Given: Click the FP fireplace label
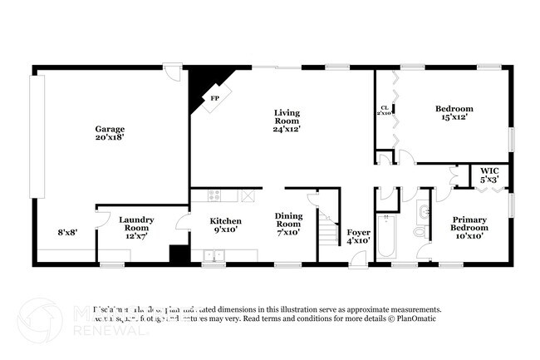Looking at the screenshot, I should pyautogui.click(x=214, y=98).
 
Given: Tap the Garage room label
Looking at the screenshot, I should pyautogui.click(x=110, y=129).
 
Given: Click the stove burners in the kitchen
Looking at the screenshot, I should pyautogui.click(x=214, y=196).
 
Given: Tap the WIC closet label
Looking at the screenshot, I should pyautogui.click(x=488, y=174).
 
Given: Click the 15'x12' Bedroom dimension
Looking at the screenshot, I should pyautogui.click(x=454, y=118).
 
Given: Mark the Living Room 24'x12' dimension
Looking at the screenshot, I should pyautogui.click(x=287, y=129).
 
